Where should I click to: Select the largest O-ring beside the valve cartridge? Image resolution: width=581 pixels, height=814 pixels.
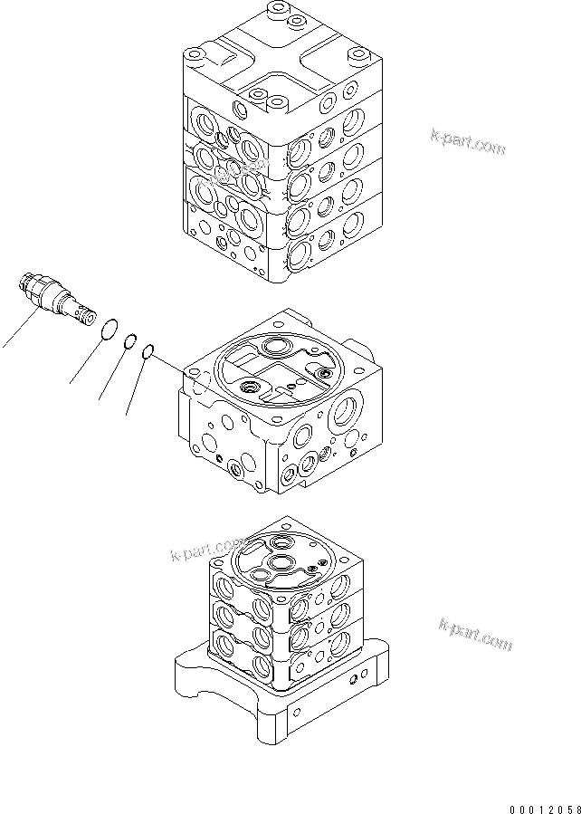(109, 331)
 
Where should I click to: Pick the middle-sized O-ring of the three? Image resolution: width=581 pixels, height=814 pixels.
(130, 342)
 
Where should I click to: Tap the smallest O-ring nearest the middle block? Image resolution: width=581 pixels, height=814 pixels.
(148, 352)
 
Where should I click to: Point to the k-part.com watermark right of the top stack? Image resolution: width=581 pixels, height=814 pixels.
(468, 141)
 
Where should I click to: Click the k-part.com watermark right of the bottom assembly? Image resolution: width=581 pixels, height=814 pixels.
(475, 633)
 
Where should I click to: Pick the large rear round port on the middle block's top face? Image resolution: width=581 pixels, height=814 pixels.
(272, 348)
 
